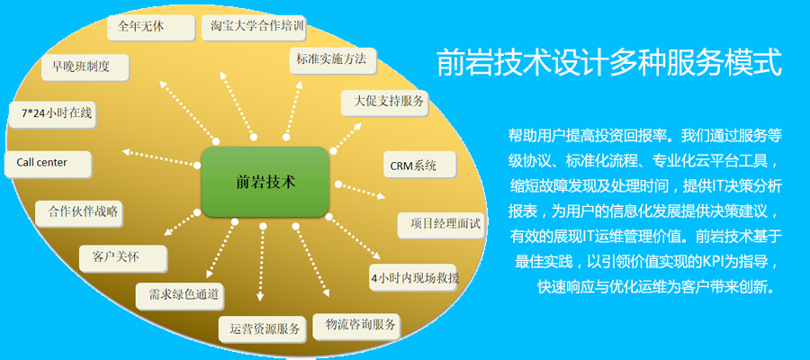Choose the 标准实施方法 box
tap(330, 62)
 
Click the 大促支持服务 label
tap(383, 101)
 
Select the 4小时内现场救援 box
tap(415, 277)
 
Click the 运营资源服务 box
tap(265, 329)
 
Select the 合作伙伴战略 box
tap(78, 213)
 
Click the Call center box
tap(47, 163)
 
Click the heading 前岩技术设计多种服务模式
tap(607, 65)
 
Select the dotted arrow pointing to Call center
tap(158, 160)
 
